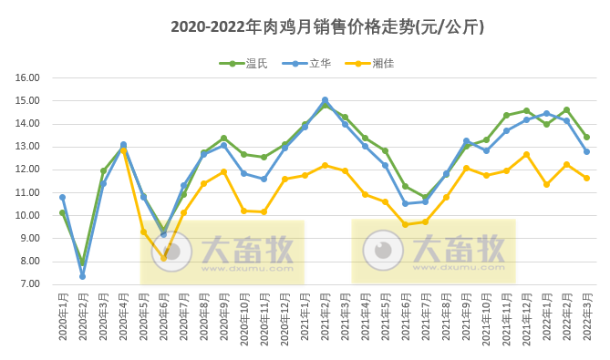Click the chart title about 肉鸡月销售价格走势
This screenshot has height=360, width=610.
point(327,27)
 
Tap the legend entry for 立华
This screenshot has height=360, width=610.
point(309,64)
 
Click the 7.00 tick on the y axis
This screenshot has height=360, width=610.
point(29,284)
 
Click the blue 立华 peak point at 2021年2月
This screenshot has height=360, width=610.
point(325,100)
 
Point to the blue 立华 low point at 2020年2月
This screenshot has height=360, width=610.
point(82,275)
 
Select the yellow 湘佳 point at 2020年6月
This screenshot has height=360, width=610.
point(164,258)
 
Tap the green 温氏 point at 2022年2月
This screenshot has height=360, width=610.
point(566,110)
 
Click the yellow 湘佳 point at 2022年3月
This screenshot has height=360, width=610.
point(586,178)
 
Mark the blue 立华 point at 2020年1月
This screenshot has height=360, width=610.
point(62,197)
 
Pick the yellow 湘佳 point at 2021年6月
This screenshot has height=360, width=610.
point(405,224)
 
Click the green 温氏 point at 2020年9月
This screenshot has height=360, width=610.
point(223,139)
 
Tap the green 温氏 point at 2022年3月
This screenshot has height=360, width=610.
point(586,138)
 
